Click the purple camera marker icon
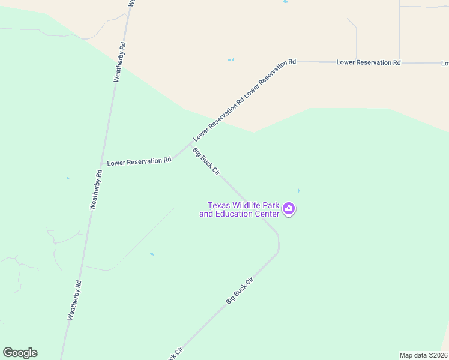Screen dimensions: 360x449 [x=289, y=209]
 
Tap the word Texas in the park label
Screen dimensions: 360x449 [x=220, y=205]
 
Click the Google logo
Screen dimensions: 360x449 [x=20, y=353]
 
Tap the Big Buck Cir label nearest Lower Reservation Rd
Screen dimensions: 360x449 [x=206, y=161]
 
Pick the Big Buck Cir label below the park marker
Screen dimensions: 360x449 [x=240, y=290]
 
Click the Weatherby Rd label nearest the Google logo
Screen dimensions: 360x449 [x=75, y=299]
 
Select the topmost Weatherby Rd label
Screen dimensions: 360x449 [x=121, y=61]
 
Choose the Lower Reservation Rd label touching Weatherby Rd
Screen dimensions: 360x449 [x=139, y=161]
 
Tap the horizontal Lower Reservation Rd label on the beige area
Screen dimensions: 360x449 [x=369, y=62]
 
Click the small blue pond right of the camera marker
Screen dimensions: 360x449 [x=298, y=190]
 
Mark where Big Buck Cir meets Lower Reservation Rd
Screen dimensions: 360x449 [x=190, y=143]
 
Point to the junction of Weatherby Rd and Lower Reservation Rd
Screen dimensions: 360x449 [x=101, y=164]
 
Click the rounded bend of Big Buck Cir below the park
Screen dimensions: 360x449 [x=278, y=244]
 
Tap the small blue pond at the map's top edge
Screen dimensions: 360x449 [x=285, y=2]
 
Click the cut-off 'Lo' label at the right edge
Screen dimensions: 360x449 [x=445, y=63]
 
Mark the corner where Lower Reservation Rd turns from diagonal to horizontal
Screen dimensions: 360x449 [x=296, y=61]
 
